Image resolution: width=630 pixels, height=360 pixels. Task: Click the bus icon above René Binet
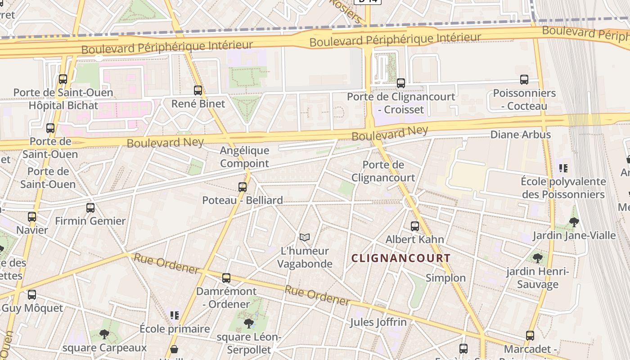198,90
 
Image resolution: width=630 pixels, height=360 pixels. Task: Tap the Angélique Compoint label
244,157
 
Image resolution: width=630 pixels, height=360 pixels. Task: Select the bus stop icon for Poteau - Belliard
243,187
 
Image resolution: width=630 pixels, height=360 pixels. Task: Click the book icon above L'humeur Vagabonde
305,237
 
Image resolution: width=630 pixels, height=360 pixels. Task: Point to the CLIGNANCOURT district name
400,258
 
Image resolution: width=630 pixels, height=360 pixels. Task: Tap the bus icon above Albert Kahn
415,226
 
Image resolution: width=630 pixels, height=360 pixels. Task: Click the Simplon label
445,278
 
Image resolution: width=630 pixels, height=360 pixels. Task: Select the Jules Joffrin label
378,322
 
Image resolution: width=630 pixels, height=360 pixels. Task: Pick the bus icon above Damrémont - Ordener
226,278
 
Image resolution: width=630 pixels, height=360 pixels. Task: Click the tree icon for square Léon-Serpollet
248,323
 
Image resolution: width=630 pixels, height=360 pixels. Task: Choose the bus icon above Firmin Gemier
90,207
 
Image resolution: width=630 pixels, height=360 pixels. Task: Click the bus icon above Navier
32,217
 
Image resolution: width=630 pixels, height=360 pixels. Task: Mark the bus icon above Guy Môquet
32,295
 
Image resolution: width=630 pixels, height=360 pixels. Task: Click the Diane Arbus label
520,135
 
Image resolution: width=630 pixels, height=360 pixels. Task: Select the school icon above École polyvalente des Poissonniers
563,168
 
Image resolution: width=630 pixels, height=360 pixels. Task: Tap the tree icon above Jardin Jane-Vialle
574,222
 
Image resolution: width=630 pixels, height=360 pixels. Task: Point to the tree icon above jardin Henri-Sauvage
537,258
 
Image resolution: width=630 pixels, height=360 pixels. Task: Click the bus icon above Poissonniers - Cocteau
524,80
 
